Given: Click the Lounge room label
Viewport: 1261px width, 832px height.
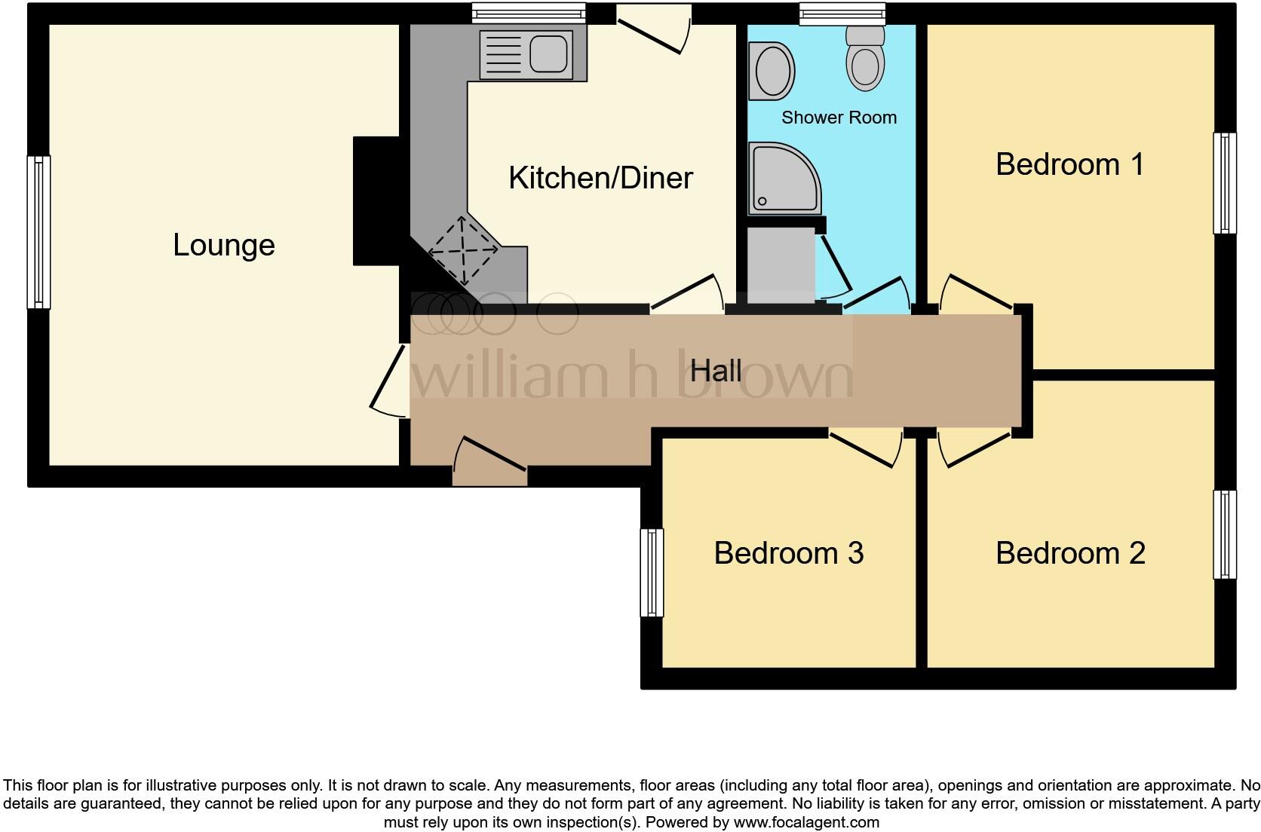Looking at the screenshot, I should [x=223, y=246].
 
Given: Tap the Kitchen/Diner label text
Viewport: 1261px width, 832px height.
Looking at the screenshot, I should [x=600, y=179].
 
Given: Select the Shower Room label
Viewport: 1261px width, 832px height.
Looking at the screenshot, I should [x=839, y=118].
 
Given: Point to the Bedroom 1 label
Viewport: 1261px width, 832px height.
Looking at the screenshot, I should [x=1069, y=164].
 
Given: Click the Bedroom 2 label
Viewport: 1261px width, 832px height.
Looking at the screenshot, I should [x=1069, y=553].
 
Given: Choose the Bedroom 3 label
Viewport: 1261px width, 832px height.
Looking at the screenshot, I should [x=788, y=553].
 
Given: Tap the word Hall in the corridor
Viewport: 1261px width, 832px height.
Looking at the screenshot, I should [x=716, y=371].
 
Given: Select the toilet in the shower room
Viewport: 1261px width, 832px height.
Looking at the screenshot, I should [x=864, y=59].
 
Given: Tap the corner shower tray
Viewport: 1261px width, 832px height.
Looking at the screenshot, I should [x=782, y=178].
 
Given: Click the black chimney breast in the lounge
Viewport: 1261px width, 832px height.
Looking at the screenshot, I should [x=376, y=200].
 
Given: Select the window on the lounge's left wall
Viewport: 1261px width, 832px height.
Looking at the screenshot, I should [x=38, y=232].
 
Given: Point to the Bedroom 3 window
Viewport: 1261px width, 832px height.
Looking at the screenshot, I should [x=652, y=573].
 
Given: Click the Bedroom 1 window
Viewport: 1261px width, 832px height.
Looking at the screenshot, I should [x=1225, y=183].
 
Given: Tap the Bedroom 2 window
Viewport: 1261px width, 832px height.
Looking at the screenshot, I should [x=1225, y=534].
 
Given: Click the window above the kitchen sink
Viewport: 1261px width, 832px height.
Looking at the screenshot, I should [x=529, y=12].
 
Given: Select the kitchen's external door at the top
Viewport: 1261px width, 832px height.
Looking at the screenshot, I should [x=653, y=29].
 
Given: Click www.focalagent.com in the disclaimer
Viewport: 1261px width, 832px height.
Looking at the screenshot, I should [x=805, y=822].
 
